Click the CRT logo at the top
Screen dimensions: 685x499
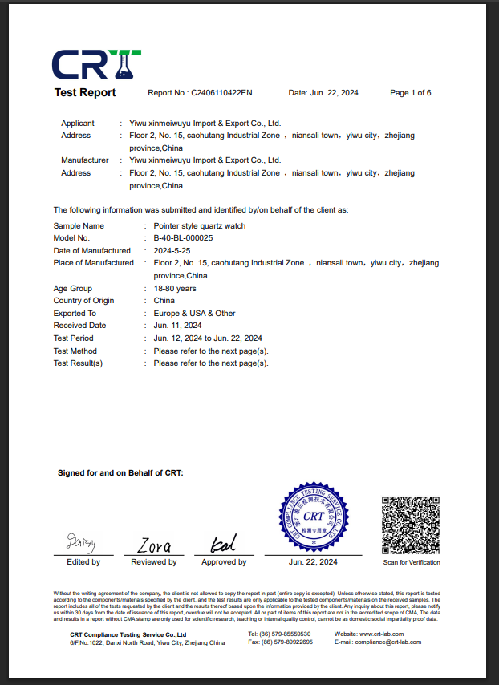point(96,63)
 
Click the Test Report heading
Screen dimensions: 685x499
point(85,93)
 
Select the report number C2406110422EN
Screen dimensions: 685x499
point(221,93)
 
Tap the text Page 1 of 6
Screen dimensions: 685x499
point(411,93)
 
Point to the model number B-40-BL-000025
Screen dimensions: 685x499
point(183,238)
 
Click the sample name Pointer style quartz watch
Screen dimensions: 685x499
point(199,226)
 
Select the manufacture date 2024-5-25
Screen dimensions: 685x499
point(171,251)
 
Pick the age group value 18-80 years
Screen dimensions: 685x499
point(175,289)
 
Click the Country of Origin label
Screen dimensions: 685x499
point(83,301)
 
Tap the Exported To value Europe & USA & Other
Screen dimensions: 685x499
point(194,314)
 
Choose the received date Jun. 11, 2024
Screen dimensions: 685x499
point(177,326)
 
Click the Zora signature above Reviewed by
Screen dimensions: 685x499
point(153,546)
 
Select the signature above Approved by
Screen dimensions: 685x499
point(222,545)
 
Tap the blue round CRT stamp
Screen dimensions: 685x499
point(314,516)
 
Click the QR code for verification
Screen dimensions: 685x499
point(411,525)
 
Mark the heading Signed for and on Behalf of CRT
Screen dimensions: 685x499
point(120,473)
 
